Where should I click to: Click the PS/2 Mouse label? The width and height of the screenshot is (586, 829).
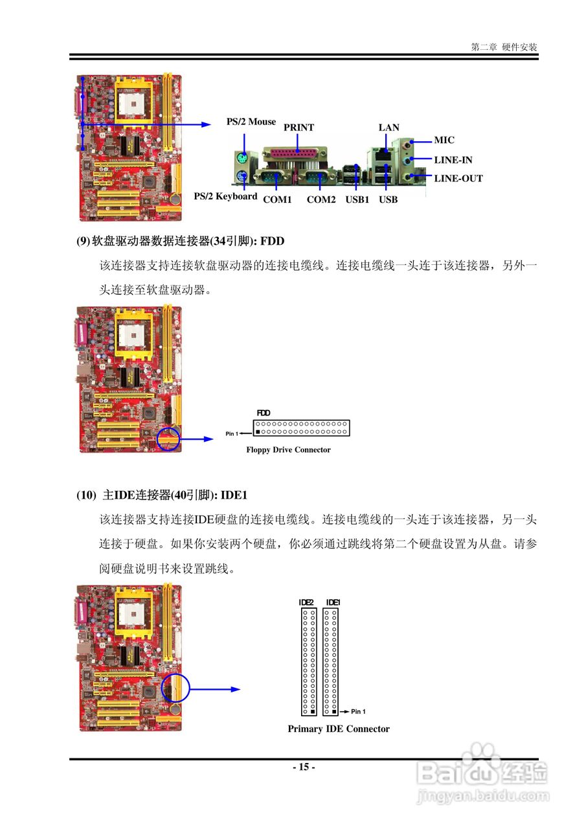251,122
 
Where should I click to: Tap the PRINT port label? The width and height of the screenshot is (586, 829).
299,128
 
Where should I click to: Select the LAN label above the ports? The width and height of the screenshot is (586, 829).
389,128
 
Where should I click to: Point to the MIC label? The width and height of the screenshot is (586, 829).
444,140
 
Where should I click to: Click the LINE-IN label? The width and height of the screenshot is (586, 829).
453,160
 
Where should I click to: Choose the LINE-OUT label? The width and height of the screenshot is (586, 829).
458,179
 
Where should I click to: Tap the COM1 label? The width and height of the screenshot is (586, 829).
277,199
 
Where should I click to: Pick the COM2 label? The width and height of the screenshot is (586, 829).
321,199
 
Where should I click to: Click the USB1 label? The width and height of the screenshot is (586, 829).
357,199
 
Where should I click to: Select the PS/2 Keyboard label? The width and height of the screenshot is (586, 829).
225,196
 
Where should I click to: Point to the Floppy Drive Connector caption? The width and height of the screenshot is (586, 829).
288,450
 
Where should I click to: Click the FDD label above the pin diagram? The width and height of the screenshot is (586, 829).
264,413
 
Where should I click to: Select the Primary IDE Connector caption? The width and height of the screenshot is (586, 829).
339,729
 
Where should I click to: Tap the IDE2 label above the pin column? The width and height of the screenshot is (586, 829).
306,603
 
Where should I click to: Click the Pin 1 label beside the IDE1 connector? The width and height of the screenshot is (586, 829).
358,712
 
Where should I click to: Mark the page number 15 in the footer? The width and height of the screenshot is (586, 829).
304,767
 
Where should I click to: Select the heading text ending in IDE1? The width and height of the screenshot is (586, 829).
163,495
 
